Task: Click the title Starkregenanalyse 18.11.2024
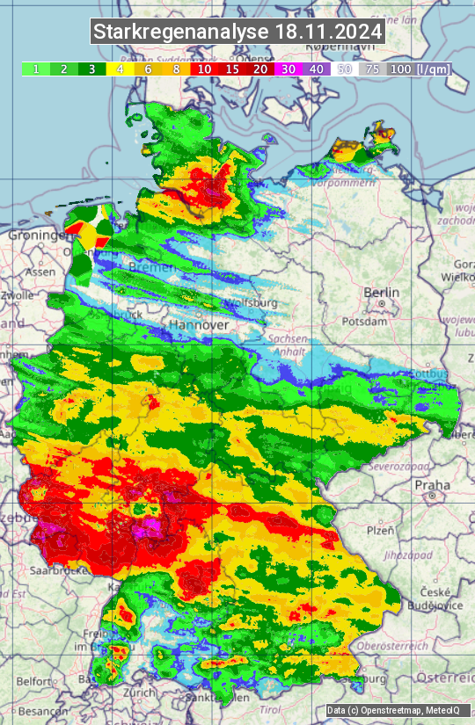[237, 33]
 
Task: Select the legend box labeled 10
[204, 69]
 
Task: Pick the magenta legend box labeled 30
[289, 69]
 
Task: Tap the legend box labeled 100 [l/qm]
[418, 69]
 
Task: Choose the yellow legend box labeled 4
[120, 69]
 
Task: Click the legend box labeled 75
[372, 69]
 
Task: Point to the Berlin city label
[381, 293]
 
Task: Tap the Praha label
[433, 484]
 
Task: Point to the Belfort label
[35, 680]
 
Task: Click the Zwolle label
[17, 295]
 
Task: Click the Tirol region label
[271, 709]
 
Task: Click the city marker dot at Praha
[433, 497]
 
